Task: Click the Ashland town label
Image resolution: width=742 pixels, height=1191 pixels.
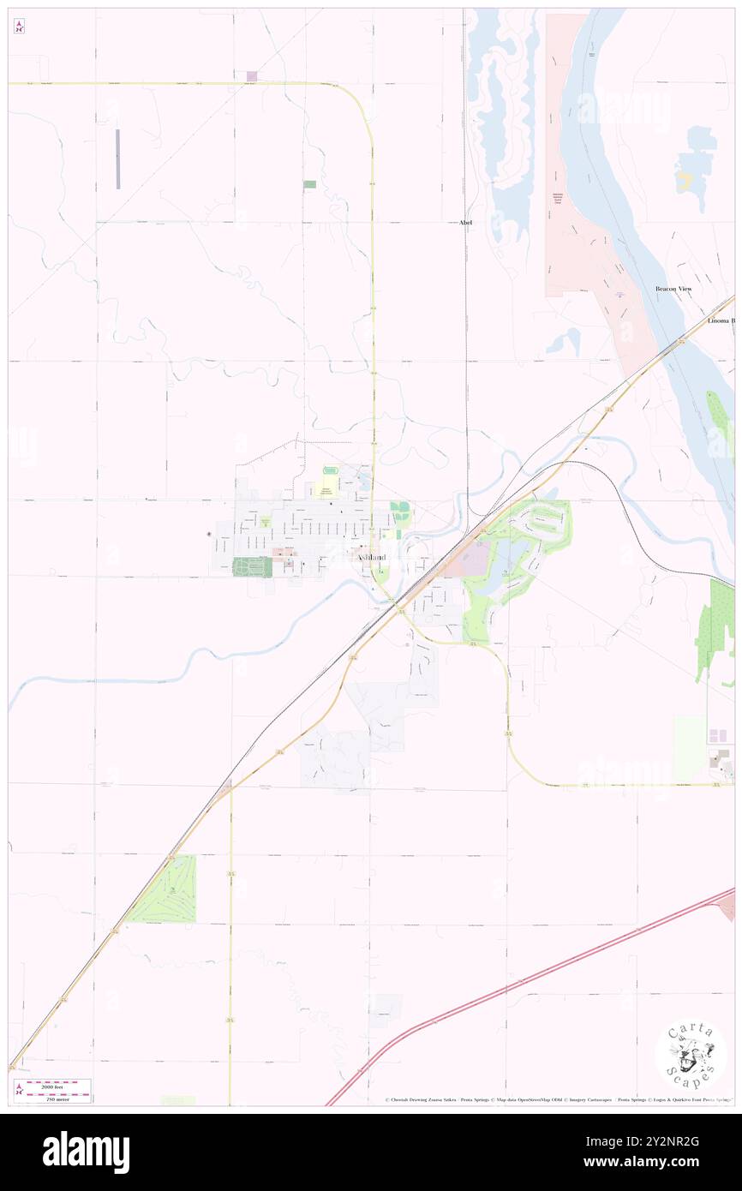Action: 371,558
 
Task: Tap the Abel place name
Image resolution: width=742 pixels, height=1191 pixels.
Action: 465,223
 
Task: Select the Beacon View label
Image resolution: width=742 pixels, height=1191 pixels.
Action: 673,290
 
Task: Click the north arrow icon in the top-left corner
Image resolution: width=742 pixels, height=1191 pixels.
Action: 19,27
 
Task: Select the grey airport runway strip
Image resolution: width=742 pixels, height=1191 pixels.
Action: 118,159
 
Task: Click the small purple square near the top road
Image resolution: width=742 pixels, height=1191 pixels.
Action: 252,76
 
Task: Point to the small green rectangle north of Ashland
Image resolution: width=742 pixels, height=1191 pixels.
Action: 309,184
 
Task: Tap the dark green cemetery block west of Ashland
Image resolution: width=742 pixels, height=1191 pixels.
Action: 252,566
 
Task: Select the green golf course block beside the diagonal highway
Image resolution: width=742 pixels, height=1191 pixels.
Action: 165,891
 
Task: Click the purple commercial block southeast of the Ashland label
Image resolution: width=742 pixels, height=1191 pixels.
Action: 468,562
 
